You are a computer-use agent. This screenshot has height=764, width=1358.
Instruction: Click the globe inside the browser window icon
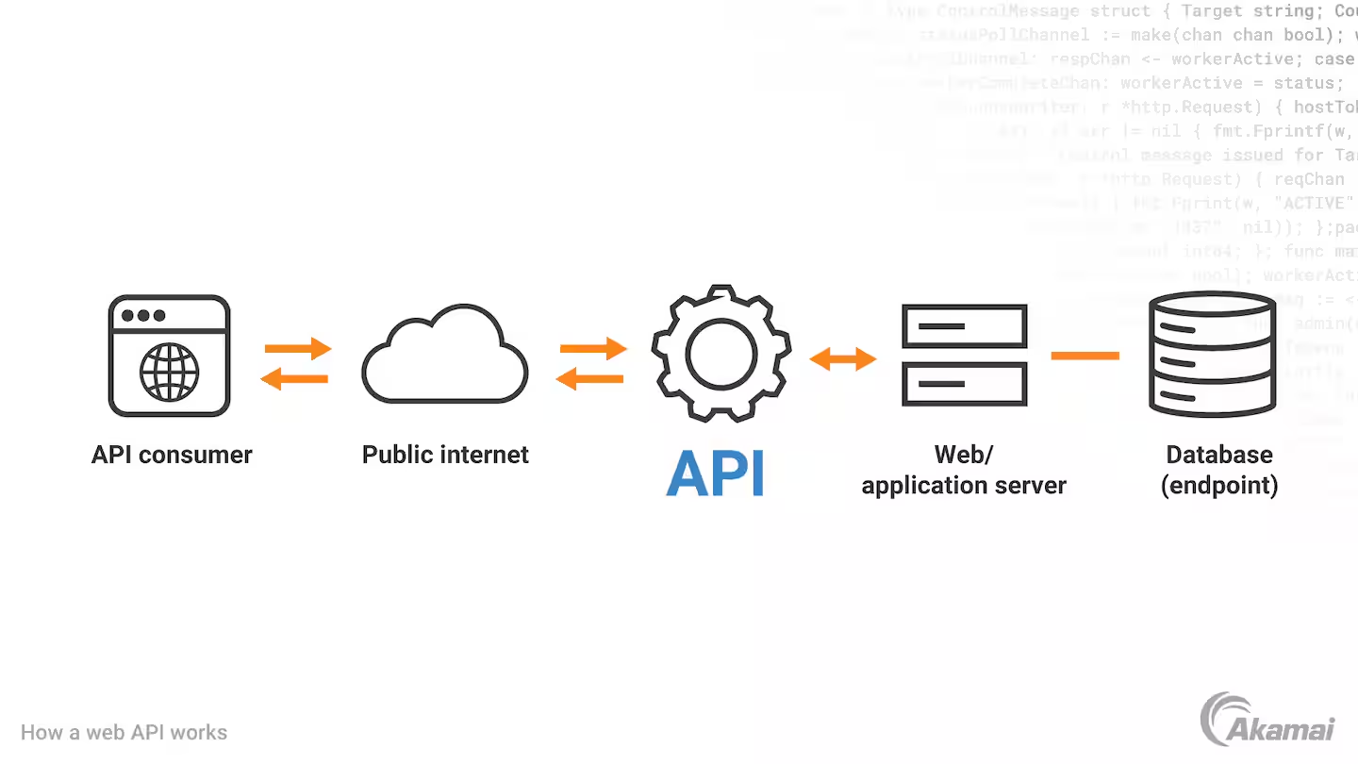click(170, 372)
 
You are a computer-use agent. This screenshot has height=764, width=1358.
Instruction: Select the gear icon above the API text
click(721, 354)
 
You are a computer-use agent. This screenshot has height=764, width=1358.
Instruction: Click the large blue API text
click(716, 473)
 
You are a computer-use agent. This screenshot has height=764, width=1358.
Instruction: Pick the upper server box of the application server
click(964, 325)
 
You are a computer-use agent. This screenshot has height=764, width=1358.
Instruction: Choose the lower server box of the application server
click(964, 384)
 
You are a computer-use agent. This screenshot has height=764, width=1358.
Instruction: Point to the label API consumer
click(172, 455)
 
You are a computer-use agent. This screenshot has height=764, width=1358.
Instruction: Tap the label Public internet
click(445, 455)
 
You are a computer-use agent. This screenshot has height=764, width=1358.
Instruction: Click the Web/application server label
click(964, 470)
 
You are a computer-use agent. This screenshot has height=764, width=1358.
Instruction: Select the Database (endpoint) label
click(1219, 470)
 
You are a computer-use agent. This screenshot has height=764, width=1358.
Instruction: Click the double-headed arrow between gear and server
click(843, 358)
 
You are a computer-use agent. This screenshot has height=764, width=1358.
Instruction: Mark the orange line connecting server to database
click(1085, 356)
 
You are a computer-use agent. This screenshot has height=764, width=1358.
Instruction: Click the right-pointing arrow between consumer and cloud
click(298, 348)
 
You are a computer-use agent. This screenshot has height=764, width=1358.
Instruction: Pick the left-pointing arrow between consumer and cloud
click(294, 379)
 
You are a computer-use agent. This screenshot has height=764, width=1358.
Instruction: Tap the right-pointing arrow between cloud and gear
click(593, 348)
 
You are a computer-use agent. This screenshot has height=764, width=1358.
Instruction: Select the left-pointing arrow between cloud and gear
click(589, 379)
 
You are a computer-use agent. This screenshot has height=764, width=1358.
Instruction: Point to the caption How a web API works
click(124, 732)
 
